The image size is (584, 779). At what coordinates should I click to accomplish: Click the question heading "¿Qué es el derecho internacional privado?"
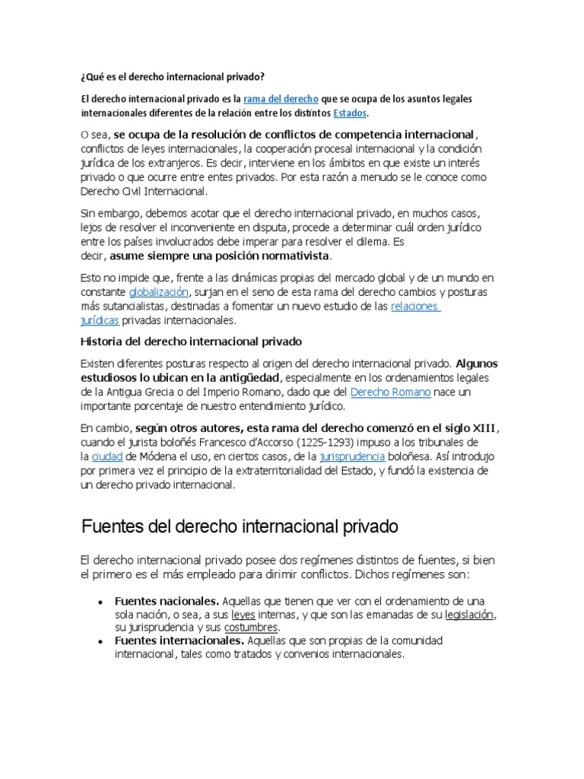coord(173,76)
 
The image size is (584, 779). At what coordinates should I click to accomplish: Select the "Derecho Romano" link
coord(390,392)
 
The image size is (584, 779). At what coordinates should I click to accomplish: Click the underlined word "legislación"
coord(470,614)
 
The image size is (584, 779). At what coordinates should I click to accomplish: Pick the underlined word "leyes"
coord(243,614)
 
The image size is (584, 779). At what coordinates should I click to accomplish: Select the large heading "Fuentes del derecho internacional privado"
coord(240,526)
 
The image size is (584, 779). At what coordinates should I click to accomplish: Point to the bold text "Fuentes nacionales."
coord(167,600)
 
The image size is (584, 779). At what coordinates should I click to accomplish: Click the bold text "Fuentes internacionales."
coord(179,641)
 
